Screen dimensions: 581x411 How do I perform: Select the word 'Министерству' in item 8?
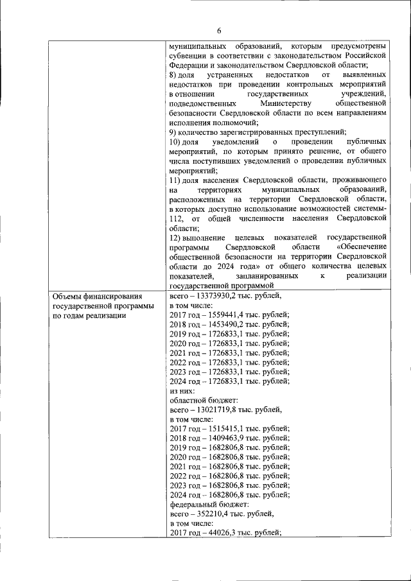pyautogui.click(x=285, y=103)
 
